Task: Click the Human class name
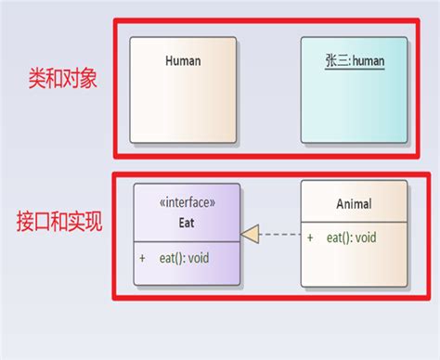[x=183, y=61]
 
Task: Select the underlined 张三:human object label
[x=355, y=62]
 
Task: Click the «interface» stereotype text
[x=187, y=201]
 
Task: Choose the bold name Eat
[x=187, y=222]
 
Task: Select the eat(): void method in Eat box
[x=184, y=258]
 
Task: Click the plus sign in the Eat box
[x=142, y=258]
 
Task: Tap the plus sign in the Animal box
[x=310, y=238]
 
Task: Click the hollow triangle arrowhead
[x=250, y=235]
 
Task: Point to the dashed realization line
[x=279, y=235]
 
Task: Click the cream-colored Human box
[x=183, y=107]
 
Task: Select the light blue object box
[x=355, y=107]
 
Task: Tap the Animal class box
[x=354, y=264]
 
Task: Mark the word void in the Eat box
[x=198, y=258]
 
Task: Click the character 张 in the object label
[x=330, y=62]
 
